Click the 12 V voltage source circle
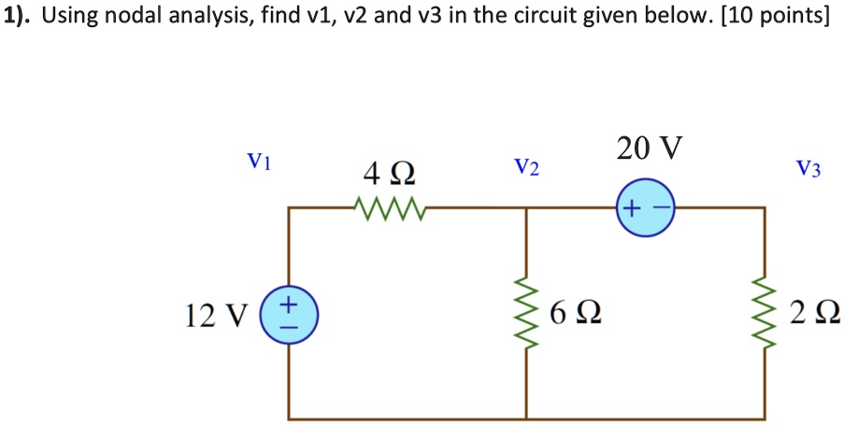click(x=288, y=315)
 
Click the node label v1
click(x=259, y=163)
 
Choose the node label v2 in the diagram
click(x=526, y=168)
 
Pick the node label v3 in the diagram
click(x=808, y=169)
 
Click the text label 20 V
click(x=649, y=148)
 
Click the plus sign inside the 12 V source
click(x=289, y=305)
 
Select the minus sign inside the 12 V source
click(x=289, y=327)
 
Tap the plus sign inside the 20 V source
click(x=632, y=209)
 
